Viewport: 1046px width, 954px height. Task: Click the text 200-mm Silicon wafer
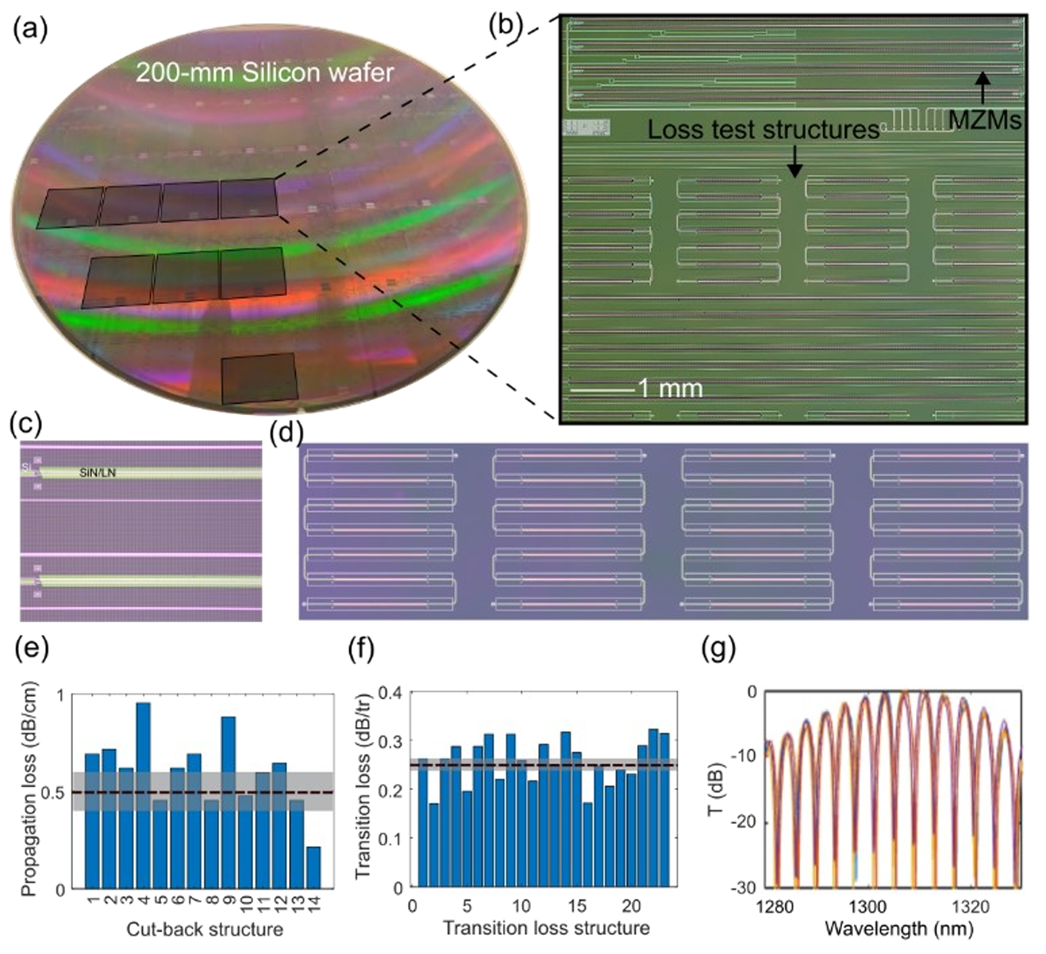pyautogui.click(x=264, y=73)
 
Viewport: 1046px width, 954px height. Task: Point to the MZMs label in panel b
pyautogui.click(x=986, y=121)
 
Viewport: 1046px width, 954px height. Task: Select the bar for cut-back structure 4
pyautogui.click(x=143, y=795)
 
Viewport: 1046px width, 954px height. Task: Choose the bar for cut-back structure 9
pyautogui.click(x=228, y=802)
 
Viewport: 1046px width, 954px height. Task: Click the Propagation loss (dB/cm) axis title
pyautogui.click(x=29, y=791)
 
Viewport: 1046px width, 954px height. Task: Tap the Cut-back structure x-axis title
pyautogui.click(x=204, y=929)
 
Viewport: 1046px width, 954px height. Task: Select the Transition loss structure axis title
pyautogui.click(x=546, y=927)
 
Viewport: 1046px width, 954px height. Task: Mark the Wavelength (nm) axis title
pyautogui.click(x=898, y=927)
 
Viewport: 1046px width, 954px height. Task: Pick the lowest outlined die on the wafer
pyautogui.click(x=259, y=378)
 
